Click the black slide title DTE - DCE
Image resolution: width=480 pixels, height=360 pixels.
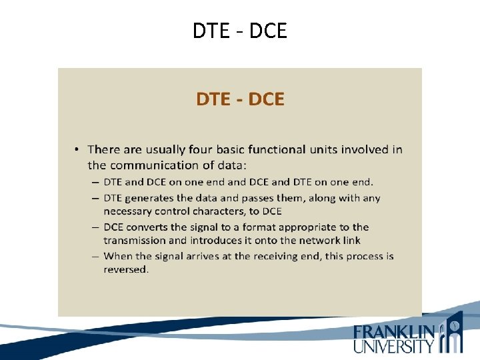pos(240,31)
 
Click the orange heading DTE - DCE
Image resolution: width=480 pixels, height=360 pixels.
pos(240,99)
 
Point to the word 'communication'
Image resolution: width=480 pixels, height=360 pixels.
pos(153,165)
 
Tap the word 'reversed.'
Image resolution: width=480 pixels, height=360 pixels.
pos(126,269)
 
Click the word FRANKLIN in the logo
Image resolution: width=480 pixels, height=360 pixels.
pos(395,332)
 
